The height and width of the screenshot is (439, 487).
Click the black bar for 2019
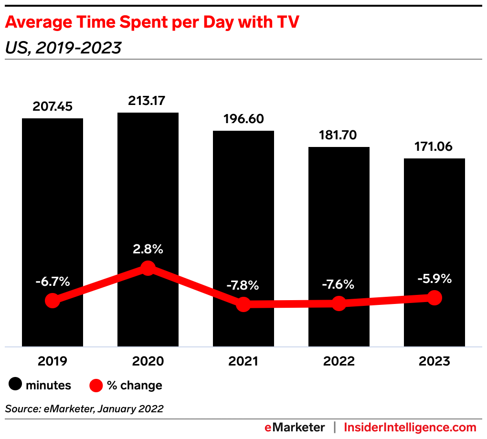(53, 200)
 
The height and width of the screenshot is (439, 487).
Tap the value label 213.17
(148, 101)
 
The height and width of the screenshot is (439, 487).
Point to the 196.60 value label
(243, 119)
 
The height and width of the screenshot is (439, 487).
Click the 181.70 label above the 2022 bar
(339, 135)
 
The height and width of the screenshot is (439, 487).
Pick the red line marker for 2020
(148, 268)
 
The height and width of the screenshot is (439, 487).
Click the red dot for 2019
(53, 301)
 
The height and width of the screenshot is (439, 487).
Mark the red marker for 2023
(434, 298)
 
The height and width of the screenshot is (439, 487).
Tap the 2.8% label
(148, 249)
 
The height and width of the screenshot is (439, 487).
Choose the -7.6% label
(339, 284)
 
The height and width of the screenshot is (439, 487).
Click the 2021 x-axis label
(243, 361)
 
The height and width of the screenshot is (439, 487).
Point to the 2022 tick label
(339, 361)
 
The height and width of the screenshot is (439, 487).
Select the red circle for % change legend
(96, 385)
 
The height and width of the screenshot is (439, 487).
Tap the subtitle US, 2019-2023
(63, 48)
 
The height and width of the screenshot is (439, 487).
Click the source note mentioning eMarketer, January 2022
(85, 409)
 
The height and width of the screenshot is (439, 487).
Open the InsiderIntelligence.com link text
(410, 427)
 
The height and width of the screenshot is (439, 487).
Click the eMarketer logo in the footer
(295, 427)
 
